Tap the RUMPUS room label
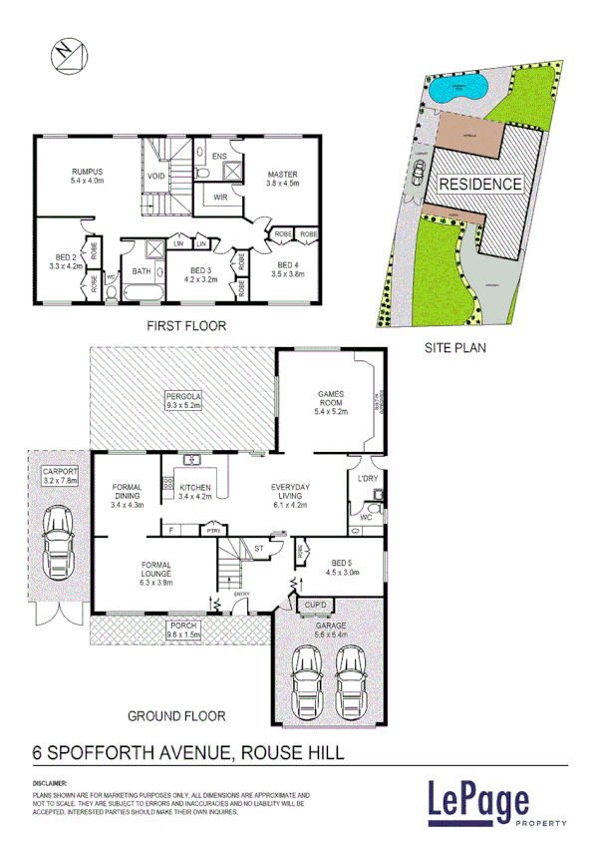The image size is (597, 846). (86, 171)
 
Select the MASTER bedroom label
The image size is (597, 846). (282, 175)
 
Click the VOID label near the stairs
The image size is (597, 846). (156, 177)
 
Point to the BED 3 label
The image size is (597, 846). (202, 270)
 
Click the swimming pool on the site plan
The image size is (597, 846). (460, 88)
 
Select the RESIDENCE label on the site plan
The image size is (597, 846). (480, 184)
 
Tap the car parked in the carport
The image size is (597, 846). (57, 545)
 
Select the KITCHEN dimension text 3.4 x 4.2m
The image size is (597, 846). (194, 495)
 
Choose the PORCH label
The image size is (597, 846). (184, 626)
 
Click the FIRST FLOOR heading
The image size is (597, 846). (186, 325)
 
